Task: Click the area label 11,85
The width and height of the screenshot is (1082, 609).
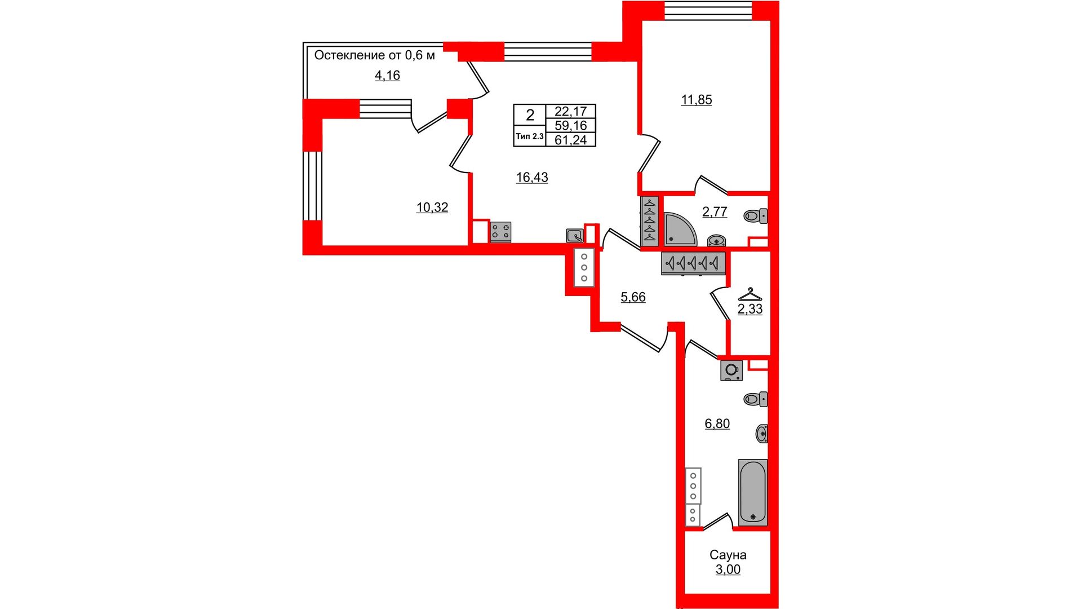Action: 697,100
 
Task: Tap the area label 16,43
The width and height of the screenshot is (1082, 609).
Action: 532,178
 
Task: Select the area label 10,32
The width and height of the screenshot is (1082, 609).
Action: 432,208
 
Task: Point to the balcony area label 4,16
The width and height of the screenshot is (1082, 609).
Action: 388,76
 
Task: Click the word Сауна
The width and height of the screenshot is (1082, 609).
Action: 728,555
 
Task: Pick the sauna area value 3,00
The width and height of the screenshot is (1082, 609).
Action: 728,570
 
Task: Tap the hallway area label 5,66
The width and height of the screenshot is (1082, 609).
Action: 633,297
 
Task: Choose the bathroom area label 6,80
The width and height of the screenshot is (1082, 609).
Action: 717,423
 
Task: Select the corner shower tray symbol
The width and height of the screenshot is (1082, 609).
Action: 679,230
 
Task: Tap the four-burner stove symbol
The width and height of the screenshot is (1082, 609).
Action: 500,232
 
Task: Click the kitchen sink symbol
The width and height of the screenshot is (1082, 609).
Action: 575,236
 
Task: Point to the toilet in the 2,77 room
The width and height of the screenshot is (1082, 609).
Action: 756,216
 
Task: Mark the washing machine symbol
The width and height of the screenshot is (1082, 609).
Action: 731,370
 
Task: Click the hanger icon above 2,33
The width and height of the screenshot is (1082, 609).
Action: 750,294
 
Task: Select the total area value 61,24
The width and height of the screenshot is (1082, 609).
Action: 571,140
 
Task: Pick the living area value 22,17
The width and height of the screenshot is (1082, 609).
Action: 571,112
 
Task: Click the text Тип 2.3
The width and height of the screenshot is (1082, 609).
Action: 530,136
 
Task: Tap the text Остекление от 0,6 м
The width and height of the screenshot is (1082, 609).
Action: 375,55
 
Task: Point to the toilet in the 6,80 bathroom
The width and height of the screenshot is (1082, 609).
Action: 756,399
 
